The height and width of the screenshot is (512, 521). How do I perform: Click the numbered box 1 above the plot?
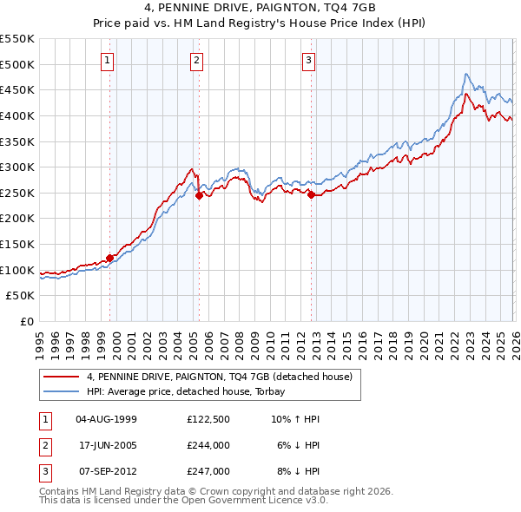108,60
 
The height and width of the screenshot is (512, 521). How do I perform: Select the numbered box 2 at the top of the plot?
197,60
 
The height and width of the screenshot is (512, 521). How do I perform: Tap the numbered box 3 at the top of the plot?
309,60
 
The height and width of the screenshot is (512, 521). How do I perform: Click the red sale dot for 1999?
110,258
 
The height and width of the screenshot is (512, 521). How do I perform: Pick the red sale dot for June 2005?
200,195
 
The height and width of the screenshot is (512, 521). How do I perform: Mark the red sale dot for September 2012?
311,194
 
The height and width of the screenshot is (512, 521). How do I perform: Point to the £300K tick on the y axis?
18,167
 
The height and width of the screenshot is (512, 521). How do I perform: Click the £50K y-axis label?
22,296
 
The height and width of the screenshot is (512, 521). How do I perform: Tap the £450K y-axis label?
18,89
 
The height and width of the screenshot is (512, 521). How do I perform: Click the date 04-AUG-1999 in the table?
106,419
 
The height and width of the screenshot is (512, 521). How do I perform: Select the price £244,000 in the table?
208,445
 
